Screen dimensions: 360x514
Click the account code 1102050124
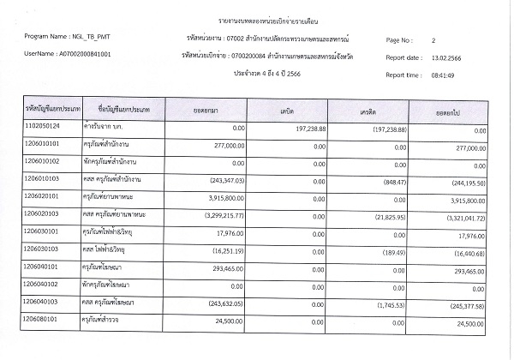tap(43, 127)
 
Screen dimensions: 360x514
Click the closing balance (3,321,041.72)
tap(462, 219)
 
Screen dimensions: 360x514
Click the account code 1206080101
tap(43, 321)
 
